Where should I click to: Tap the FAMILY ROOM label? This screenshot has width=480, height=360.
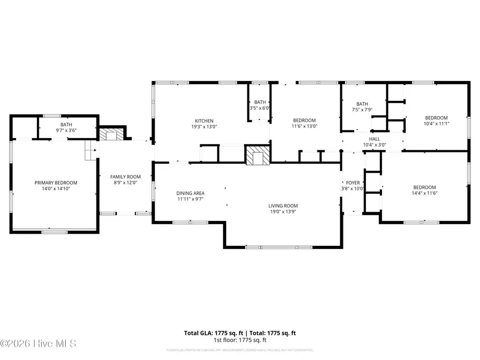pyautogui.click(x=125, y=177)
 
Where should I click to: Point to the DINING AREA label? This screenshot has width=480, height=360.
pyautogui.click(x=190, y=193)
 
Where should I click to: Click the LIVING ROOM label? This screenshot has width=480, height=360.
pyautogui.click(x=283, y=206)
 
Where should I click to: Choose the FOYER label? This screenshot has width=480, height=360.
pyautogui.click(x=353, y=182)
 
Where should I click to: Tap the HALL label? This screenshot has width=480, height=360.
pyautogui.click(x=374, y=138)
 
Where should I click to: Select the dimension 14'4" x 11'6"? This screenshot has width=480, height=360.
pyautogui.click(x=425, y=193)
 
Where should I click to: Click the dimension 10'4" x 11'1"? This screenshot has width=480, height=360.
pyautogui.click(x=436, y=124)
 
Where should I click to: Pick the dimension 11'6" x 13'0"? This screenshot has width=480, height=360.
pyautogui.click(x=304, y=126)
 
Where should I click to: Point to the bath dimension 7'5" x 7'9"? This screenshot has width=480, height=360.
pyautogui.click(x=362, y=110)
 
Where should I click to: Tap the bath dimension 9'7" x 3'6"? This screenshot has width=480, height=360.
pyautogui.click(x=66, y=130)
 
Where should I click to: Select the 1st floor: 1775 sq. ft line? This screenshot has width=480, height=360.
pyautogui.click(x=240, y=340)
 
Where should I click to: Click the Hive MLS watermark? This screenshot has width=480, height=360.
pyautogui.click(x=38, y=343)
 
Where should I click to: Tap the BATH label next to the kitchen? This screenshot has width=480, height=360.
pyautogui.click(x=260, y=102)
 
